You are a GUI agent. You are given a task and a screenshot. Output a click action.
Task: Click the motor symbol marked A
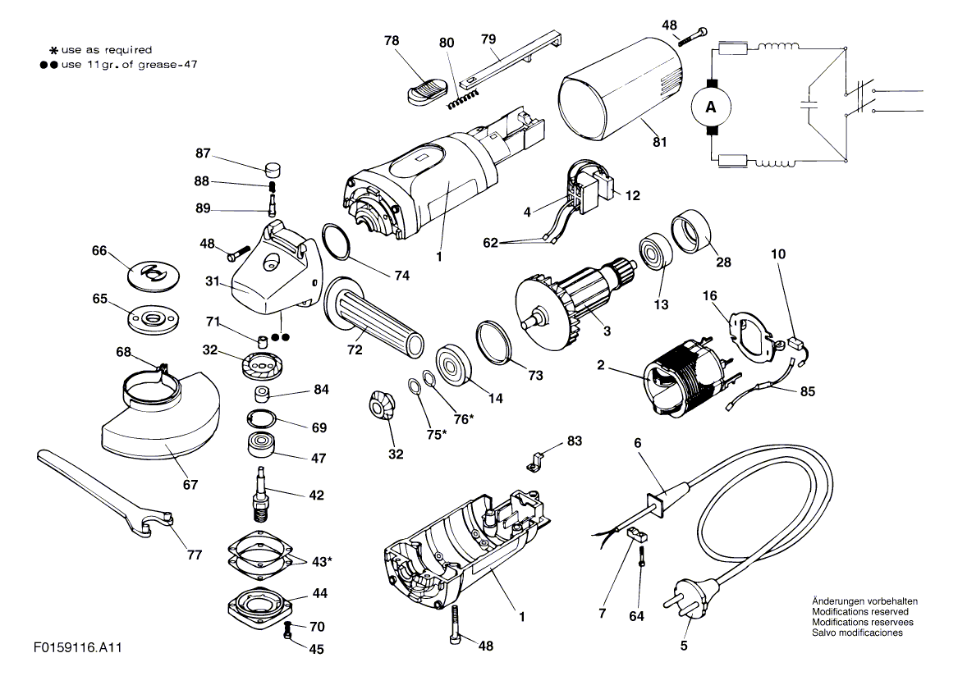711,107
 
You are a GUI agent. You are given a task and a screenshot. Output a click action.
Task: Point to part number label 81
660,142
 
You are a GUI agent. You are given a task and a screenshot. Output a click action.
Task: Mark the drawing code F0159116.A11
78,647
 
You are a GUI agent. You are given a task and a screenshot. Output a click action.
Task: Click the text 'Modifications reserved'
860,611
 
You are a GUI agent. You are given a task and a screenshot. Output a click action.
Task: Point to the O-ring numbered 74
335,241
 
